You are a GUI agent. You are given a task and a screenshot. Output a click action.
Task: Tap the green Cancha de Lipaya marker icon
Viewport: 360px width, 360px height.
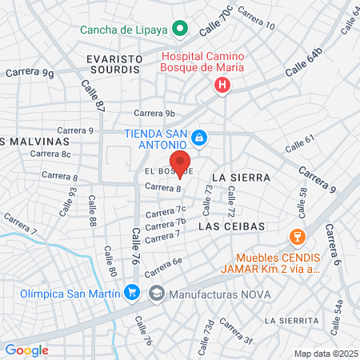[181, 30]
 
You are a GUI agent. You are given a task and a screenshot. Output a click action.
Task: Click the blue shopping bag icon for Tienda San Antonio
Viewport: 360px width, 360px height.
[200, 139]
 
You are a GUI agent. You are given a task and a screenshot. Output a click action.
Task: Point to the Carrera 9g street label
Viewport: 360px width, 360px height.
[30, 73]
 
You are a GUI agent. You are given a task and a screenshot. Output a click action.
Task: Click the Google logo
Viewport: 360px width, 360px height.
[26, 350]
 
